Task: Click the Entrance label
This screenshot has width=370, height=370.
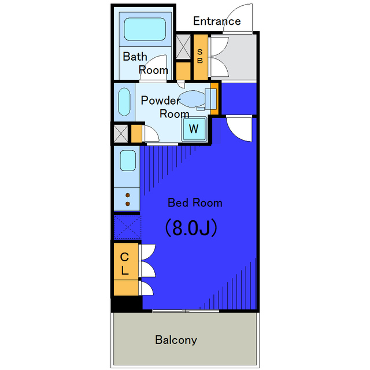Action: click(217, 21)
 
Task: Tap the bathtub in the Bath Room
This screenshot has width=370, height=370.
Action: click(145, 29)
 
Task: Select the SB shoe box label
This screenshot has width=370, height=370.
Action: click(200, 56)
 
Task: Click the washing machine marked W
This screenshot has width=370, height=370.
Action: click(194, 128)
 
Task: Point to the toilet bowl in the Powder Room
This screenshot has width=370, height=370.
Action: click(193, 99)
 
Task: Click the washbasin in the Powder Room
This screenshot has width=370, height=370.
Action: click(124, 102)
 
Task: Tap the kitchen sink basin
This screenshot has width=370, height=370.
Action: click(128, 161)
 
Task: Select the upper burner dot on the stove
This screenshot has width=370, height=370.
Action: click(128, 195)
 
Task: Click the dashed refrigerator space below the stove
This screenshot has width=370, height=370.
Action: click(127, 227)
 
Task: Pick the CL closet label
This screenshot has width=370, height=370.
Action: click(125, 264)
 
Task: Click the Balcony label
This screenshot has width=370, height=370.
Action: click(176, 340)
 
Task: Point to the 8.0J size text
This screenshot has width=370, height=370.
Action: click(191, 228)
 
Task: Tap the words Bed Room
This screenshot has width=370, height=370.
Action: click(195, 203)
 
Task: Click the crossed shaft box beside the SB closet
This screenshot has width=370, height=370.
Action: click(183, 47)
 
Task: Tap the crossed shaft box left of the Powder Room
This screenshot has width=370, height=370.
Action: click(121, 134)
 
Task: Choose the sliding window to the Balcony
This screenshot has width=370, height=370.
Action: click(186, 311)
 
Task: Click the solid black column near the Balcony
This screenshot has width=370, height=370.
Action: click(127, 304)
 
